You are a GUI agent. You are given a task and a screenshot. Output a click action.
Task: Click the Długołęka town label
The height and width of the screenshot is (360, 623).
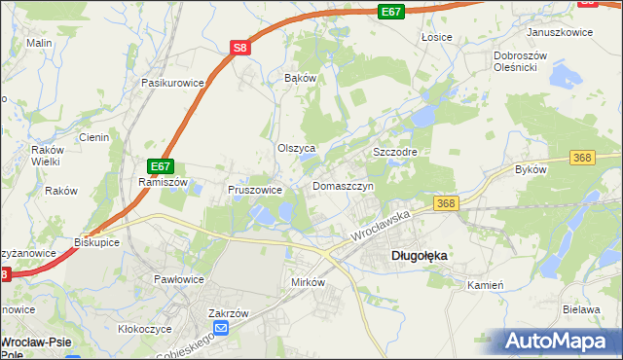(419, 256)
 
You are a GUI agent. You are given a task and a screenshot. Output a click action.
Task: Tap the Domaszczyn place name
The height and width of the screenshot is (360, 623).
(344, 186)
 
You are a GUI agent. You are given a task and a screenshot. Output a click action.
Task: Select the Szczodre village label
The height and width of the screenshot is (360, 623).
(395, 153)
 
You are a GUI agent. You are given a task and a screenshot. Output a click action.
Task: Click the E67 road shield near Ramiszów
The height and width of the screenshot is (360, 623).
(161, 166)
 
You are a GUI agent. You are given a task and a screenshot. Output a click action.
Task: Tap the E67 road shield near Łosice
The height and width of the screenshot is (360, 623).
(390, 12)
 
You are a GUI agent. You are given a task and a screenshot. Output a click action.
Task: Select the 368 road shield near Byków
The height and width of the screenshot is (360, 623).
(583, 158)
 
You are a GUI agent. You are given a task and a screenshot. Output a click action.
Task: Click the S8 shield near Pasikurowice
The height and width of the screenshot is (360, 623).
(241, 48)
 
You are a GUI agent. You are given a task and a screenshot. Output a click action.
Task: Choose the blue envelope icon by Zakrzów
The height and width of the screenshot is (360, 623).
(221, 329)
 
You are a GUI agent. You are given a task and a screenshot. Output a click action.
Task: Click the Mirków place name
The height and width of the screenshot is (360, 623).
(308, 281)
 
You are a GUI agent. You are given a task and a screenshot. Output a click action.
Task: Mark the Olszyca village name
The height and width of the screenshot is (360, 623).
(297, 149)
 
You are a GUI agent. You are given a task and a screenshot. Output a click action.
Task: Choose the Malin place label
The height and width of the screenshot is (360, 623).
(39, 43)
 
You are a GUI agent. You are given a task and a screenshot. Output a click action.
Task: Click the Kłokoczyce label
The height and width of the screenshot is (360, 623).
(145, 330)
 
